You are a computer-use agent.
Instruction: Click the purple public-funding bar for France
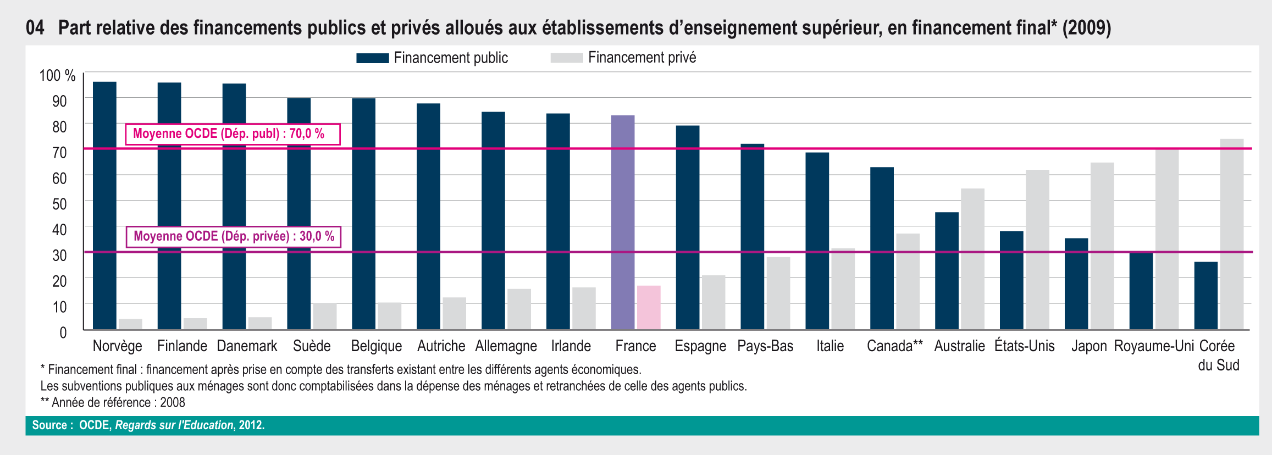point(623,223)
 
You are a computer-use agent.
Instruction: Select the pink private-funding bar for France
point(649,308)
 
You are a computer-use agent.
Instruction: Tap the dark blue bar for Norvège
point(104,206)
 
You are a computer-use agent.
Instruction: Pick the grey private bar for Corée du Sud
point(1232,234)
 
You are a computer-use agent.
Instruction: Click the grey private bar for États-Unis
point(1037,249)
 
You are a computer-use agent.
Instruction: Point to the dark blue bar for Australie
point(947,271)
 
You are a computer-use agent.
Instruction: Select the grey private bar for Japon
point(1102,246)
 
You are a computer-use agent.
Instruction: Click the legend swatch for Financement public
point(372,58)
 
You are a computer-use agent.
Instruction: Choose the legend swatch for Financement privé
point(566,58)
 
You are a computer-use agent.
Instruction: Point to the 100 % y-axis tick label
point(57,76)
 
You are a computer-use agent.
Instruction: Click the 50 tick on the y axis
point(59,204)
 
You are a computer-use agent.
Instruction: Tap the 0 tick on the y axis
point(63,332)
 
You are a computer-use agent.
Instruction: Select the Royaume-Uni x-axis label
point(1154,346)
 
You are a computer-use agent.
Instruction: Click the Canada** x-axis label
point(894,346)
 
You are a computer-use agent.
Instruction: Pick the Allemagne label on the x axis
point(506,346)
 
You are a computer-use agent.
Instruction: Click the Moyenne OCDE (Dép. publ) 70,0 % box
point(233,134)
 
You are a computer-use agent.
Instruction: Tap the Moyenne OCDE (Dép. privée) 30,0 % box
point(233,237)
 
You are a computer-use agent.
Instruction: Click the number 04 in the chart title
point(35,27)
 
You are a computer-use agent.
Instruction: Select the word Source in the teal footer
point(49,425)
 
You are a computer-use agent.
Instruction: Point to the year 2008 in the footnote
point(173,403)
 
